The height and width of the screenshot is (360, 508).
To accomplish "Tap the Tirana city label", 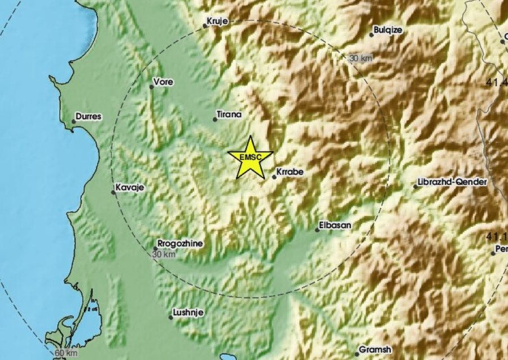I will [x=230, y=115].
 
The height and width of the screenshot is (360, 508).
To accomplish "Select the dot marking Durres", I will [x=73, y=121].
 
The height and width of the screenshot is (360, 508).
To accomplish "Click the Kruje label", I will [x=217, y=21].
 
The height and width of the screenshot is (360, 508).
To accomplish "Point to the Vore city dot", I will [x=152, y=87].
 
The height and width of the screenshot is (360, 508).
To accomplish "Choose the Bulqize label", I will [x=388, y=30].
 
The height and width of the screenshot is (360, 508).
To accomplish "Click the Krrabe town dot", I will [x=274, y=177].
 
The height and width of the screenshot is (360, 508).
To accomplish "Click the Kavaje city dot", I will [x=113, y=192].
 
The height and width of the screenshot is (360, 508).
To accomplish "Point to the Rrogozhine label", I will [x=180, y=244].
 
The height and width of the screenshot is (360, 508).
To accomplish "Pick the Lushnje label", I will [x=189, y=312].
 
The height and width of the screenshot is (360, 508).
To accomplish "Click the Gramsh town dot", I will [x=357, y=354].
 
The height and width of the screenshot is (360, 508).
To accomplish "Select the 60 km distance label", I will [x=66, y=353].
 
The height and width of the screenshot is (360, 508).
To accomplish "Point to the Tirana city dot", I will [x=215, y=119].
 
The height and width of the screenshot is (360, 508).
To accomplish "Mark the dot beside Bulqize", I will [x=371, y=35].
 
